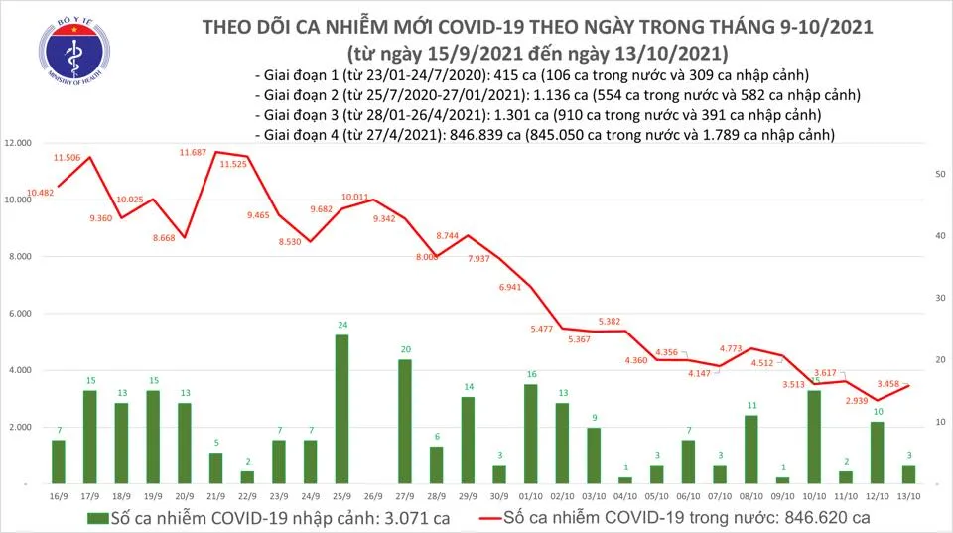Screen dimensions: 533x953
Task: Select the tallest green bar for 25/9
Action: [x=341, y=408]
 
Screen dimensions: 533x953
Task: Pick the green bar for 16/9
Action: [x=58, y=462]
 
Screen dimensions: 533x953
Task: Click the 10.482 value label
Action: [x=41, y=193]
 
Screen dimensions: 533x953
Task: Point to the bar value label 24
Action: [x=341, y=325]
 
